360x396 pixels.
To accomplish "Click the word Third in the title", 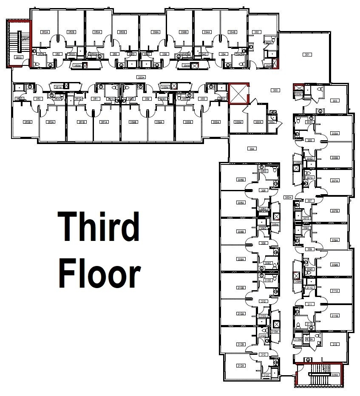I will coord(99,227).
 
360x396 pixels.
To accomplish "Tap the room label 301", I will coord(307,54).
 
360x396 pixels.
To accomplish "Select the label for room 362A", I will coord(45,32).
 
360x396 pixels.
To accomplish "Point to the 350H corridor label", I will coord(141,77).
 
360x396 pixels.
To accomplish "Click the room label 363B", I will coord(28,122).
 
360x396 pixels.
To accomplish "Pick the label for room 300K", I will coord(258,122).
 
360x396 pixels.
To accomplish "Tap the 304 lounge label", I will coord(252,149).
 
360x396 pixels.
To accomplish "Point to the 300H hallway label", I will coord(288,197).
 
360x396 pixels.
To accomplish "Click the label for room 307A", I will coord(335,181).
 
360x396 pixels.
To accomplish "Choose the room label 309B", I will coord(335,265).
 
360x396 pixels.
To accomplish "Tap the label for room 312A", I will coord(241,365).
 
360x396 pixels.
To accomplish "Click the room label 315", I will coord(335,345).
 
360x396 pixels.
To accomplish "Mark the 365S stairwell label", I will coord(19,57).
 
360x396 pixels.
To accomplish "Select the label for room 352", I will coord(256,32).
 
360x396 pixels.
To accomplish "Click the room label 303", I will coord(335,101).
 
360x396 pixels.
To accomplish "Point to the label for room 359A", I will coord(160,122).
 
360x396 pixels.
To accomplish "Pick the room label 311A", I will coord(335,291).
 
